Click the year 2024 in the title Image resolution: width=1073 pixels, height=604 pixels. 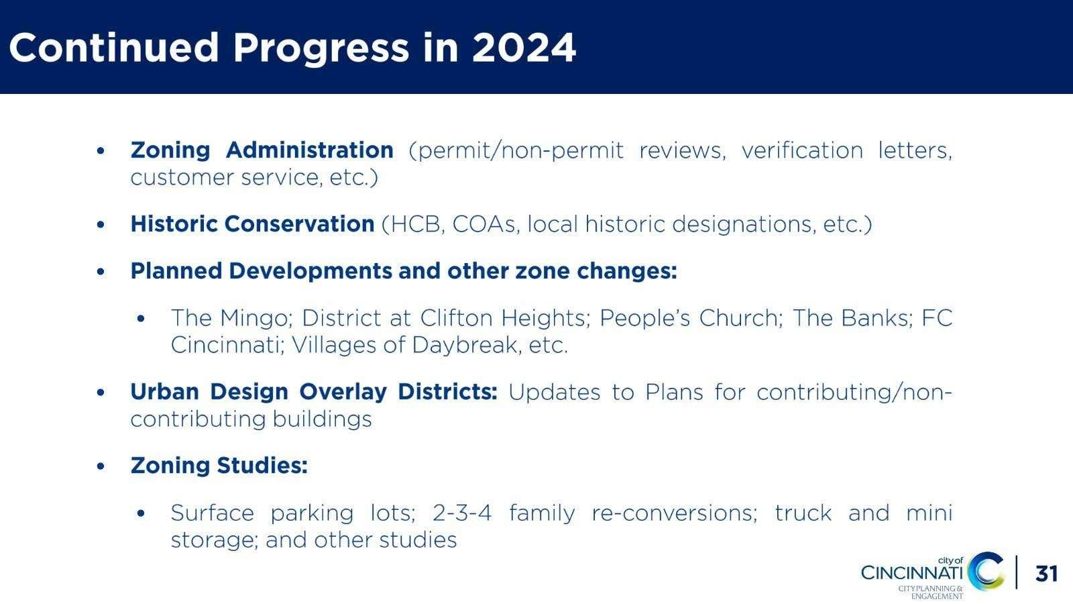[524, 48]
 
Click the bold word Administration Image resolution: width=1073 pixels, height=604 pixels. [309, 150]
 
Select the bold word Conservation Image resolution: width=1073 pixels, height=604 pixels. [299, 224]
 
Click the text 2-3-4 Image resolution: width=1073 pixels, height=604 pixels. [462, 513]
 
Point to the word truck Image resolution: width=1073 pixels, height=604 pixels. [803, 513]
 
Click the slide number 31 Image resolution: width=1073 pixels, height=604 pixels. [1047, 573]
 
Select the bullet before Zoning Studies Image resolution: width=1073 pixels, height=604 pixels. [101, 466]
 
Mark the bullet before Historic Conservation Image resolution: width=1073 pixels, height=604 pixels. [101, 224]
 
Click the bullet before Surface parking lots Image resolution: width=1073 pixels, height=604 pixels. [141, 513]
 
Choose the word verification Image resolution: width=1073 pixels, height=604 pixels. [802, 150]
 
